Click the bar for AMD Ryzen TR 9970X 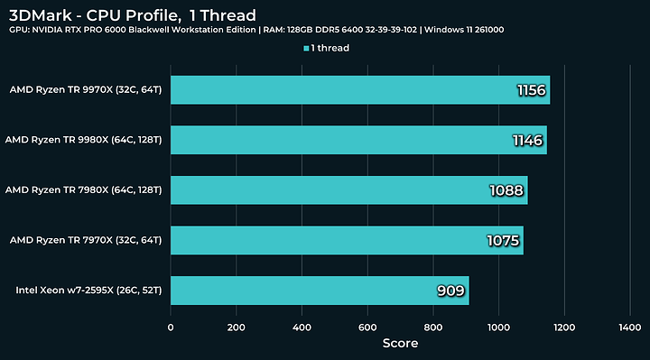(359, 89)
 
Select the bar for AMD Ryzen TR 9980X (357, 140)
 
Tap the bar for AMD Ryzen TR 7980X (348, 189)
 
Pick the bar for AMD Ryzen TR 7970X (347, 240)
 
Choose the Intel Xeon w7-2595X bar (319, 290)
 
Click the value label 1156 (532, 90)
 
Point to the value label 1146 (528, 140)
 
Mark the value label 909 (451, 291)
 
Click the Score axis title (399, 343)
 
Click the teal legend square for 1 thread (308, 48)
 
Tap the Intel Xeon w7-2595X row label (88, 290)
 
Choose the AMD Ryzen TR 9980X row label (83, 140)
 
